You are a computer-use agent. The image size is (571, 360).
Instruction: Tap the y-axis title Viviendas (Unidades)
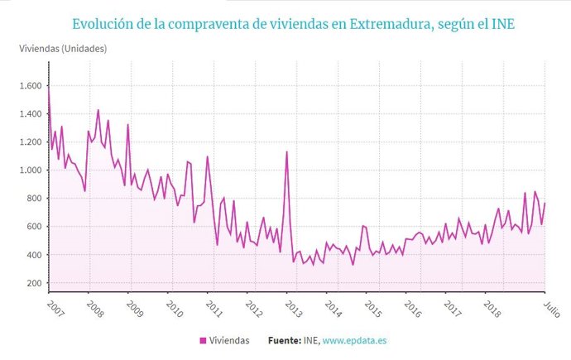point(63,48)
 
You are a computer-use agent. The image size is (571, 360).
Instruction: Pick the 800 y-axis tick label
point(33,199)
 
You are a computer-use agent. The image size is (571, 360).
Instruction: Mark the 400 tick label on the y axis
point(33,255)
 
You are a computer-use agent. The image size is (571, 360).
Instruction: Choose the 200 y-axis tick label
point(33,283)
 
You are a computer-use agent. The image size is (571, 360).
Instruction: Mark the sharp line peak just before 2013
point(286,151)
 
